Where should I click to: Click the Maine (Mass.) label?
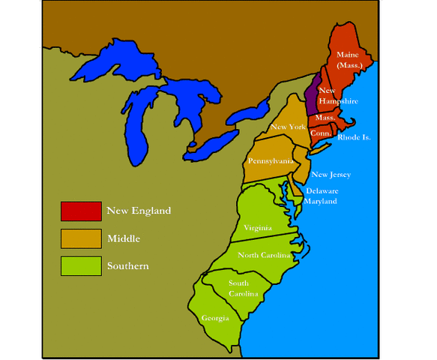pos(347,61)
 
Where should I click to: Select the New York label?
pos(289,127)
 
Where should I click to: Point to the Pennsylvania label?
pos(271,161)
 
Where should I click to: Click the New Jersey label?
pos(331,175)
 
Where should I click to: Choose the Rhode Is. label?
pos(355,137)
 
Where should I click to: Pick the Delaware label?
pos(322,190)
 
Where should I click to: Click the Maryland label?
pos(321,201)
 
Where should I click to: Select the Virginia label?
pos(257,227)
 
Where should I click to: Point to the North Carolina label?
pos(264,255)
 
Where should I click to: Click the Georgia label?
pos(215,318)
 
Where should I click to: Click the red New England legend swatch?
pos(81,211)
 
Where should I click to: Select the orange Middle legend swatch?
pos(81,238)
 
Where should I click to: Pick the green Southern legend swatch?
pos(81,266)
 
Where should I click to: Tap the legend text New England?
pos(139,211)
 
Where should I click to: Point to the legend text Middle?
pos(124,238)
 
